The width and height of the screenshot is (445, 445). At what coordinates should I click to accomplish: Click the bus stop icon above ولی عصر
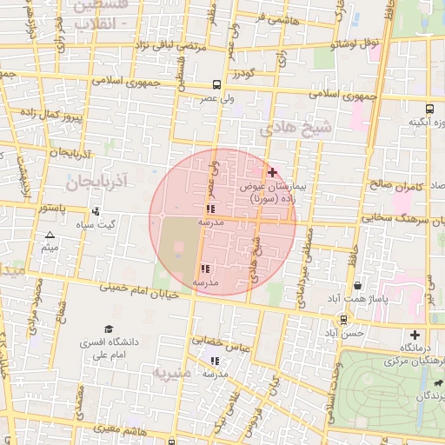(216, 85)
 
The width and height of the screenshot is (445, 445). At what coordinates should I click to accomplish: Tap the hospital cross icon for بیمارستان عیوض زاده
(272, 173)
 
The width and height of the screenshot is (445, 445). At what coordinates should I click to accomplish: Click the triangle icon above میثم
(50, 236)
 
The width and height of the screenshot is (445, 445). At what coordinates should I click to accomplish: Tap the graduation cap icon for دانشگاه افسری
(109, 329)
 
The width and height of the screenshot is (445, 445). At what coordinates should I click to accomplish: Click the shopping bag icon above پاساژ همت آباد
(358, 285)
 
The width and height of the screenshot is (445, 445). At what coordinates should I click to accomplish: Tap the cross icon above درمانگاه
(415, 335)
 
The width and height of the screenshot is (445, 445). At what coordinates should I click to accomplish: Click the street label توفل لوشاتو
(359, 42)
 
